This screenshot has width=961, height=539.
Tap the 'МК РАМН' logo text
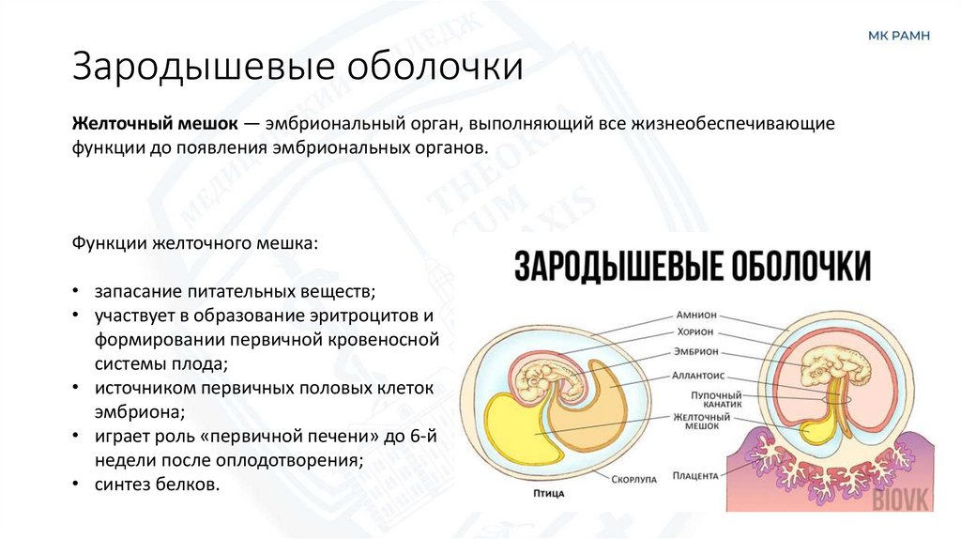[898, 36]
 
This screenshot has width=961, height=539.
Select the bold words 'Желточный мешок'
[155, 125]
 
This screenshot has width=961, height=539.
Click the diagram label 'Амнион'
[695, 316]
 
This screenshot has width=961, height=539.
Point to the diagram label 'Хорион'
[695, 332]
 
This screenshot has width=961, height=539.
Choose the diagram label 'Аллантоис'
[695, 374]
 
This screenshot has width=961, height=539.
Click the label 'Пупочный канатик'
[696, 400]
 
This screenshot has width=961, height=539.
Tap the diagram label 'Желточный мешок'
[695, 421]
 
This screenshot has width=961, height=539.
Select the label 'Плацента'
[695, 476]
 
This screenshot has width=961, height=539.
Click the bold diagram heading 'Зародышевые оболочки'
[692, 265]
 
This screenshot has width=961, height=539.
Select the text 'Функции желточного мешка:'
[195, 242]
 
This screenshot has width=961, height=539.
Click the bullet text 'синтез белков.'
[157, 485]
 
